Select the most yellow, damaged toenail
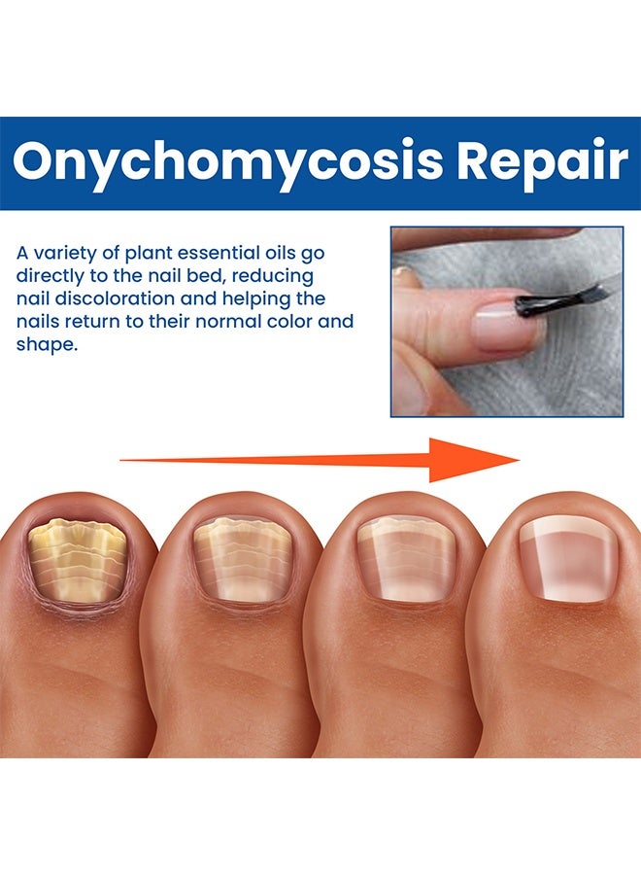[x=78, y=563]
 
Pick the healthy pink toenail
[x=567, y=563]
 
